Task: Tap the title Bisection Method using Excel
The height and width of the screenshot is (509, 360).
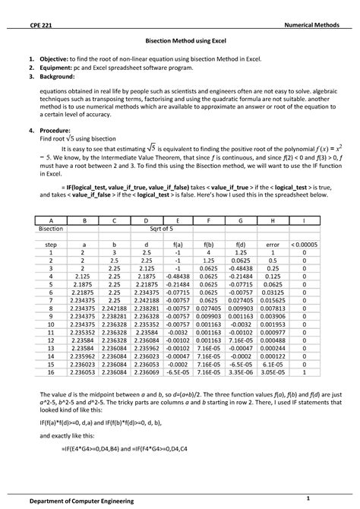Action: [180, 45]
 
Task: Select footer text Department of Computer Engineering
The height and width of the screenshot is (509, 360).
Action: [84, 501]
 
